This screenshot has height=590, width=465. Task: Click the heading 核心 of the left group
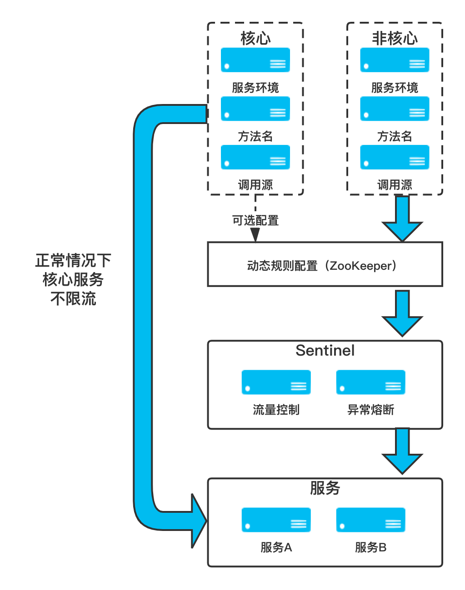(255, 38)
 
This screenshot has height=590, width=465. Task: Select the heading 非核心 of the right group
(395, 38)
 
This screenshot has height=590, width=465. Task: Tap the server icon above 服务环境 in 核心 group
(255, 60)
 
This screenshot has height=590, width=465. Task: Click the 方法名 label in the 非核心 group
(395, 136)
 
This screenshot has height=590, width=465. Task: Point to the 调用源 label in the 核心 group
(255, 185)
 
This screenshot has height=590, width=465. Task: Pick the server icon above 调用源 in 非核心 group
(395, 157)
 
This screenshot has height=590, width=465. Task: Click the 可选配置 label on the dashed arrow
(255, 220)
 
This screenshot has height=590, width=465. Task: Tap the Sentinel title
(325, 351)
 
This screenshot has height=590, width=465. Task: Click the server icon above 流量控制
(276, 382)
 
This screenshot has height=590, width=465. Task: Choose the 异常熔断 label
(370, 410)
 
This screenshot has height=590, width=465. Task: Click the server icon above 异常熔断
(370, 382)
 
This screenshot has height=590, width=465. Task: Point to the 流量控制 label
(276, 410)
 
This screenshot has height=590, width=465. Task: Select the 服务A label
(276, 548)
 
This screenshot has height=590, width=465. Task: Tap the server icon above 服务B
(370, 520)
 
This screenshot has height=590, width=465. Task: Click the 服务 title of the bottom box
(325, 488)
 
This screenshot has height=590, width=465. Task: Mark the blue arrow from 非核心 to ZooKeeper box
(402, 218)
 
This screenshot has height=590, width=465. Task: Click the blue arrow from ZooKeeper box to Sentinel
(402, 313)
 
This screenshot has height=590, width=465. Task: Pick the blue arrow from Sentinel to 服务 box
(402, 451)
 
